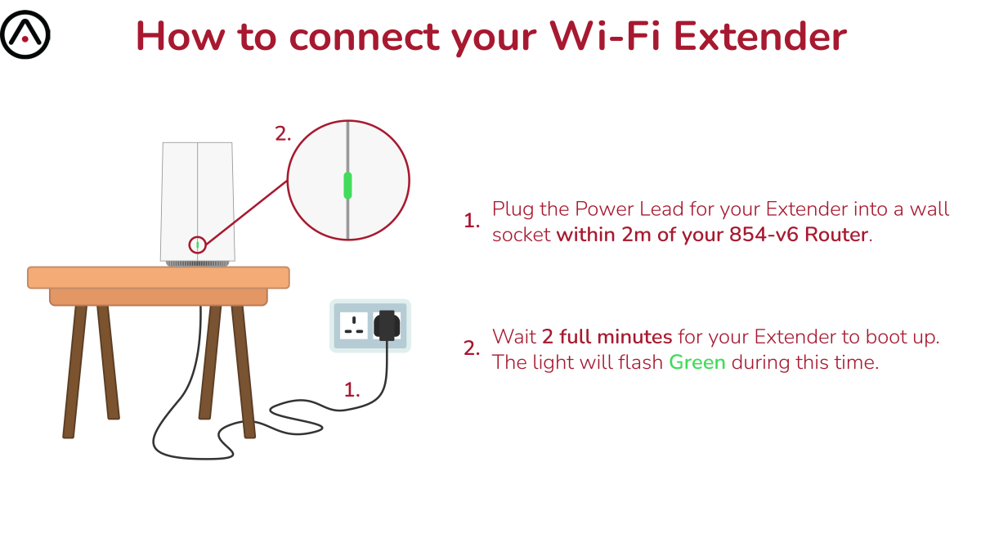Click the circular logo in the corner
pos(25,34)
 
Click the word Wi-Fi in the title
pos(605,36)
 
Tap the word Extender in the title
pos(759,36)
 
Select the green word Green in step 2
pos(697,362)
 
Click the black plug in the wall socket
pos(386,325)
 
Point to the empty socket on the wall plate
pos(353,325)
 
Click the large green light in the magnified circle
pos(347,186)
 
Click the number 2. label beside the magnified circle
pos(283,133)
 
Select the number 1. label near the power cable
pos(352,390)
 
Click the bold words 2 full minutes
pos(607,337)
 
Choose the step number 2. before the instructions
pos(472,348)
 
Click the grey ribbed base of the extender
pos(198,263)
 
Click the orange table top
pos(158,277)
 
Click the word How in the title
pos(181,36)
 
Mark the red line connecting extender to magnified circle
pos(246,213)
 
